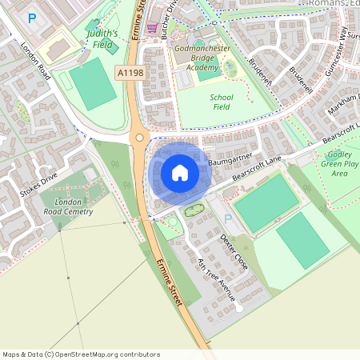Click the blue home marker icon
pos(179,173)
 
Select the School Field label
pos(221,102)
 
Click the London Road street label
pos(36,61)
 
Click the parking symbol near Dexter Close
pos(228,218)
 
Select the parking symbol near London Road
pos(32,18)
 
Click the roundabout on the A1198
pos(140,138)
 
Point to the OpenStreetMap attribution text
pos(82,354)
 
